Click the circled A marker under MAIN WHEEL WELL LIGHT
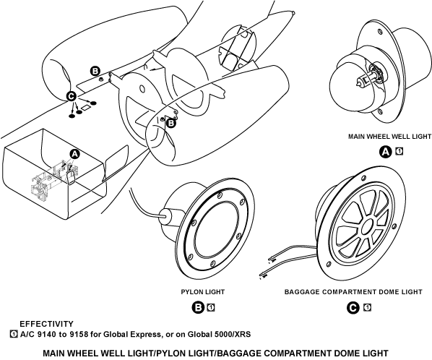tap(386, 152)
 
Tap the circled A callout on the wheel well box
tap(74, 155)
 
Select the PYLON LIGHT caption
tap(203, 292)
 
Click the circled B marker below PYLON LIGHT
tap(198, 307)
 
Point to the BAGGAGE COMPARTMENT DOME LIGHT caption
tap(353, 292)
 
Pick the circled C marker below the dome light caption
tap(353, 307)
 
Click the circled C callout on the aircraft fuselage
tap(72, 96)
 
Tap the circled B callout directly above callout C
tap(95, 72)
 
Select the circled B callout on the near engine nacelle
tap(171, 123)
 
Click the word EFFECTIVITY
tap(46, 324)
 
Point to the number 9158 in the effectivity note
tap(79, 335)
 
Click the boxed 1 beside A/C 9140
tap(14, 334)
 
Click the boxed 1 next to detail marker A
tap(399, 151)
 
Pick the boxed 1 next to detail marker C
tap(367, 307)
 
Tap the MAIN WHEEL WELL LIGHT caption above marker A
tap(389, 137)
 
